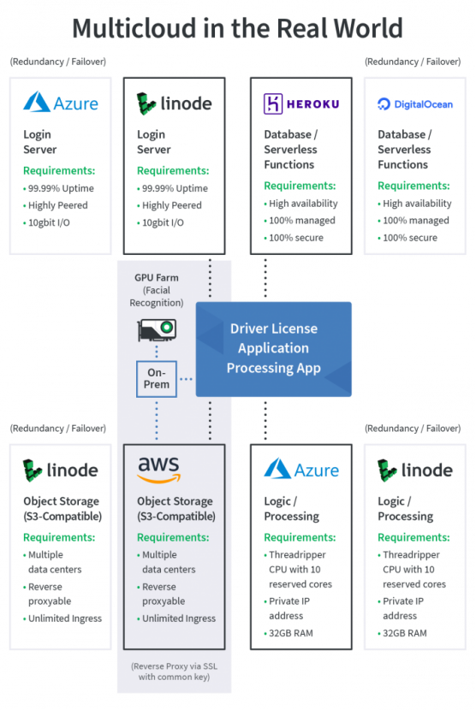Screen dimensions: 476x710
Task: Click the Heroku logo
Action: pos(301,104)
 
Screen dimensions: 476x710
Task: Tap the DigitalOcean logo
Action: pos(415,104)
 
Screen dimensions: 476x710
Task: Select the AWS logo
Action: pos(158,470)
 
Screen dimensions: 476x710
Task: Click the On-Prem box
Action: pos(157,379)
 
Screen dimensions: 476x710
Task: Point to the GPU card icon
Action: pos(157,329)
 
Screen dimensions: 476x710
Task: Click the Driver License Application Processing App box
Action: pos(273,349)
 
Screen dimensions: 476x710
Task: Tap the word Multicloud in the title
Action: pos(134,28)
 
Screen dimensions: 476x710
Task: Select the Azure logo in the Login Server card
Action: pos(61,103)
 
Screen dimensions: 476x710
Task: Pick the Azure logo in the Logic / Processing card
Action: pos(301,469)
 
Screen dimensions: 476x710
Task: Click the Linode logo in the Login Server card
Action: pos(174,104)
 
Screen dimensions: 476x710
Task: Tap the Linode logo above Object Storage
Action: pos(60,470)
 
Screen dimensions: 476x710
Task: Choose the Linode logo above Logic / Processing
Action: pos(415,470)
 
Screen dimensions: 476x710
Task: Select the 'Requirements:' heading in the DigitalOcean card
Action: pos(414,186)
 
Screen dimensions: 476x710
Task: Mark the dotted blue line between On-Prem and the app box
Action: pos(187,379)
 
